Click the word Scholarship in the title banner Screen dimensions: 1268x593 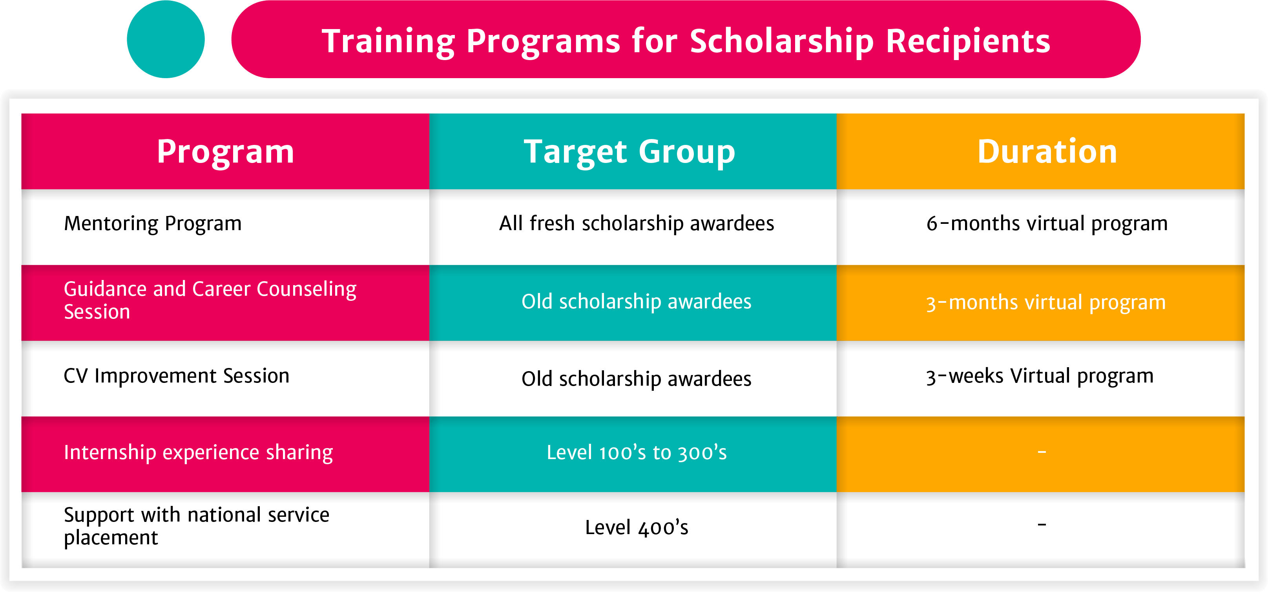pyautogui.click(x=782, y=41)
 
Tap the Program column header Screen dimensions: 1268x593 pyautogui.click(x=225, y=152)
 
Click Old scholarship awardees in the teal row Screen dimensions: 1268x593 pyautogui.click(x=637, y=302)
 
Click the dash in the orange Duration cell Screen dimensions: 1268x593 pyautogui.click(x=1042, y=452)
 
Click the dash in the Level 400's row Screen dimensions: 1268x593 pyautogui.click(x=1042, y=525)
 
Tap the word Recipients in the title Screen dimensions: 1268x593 pyautogui.click(x=968, y=41)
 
